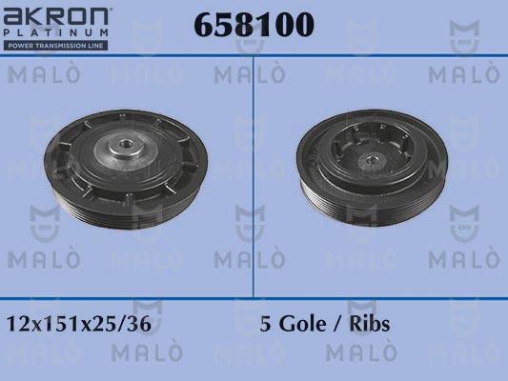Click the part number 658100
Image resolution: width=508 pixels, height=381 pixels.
(254, 26)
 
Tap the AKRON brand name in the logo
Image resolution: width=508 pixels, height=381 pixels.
(56, 16)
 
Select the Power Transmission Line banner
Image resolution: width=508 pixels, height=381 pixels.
(56, 45)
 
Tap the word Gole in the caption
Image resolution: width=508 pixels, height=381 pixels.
(303, 324)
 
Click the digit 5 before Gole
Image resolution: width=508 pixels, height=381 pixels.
(266, 324)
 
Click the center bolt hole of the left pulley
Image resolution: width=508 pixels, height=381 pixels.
(124, 147)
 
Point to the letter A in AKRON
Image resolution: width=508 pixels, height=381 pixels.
(14, 16)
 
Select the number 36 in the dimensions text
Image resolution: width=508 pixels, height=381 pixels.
(139, 324)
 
